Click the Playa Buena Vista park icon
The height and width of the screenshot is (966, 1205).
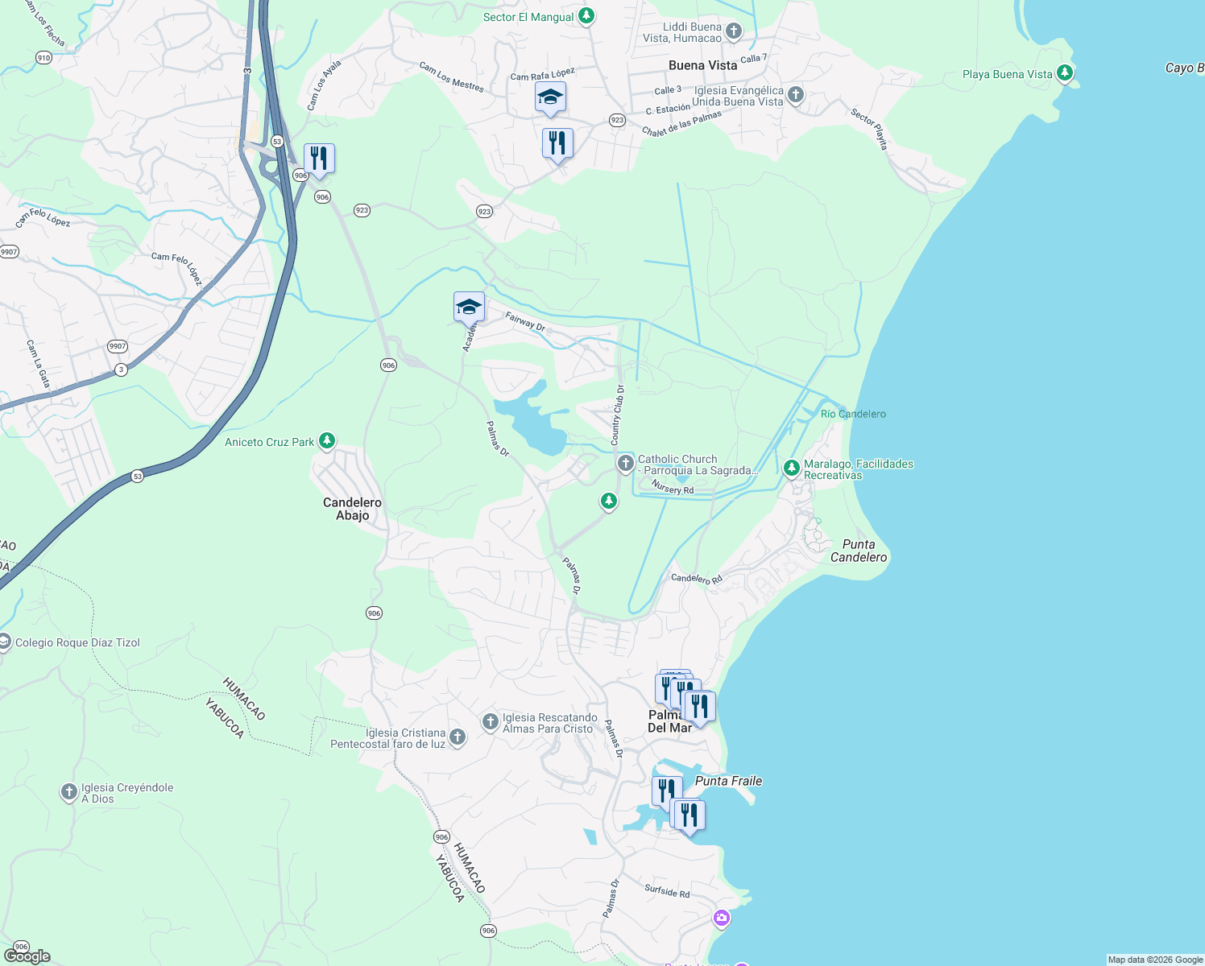point(1065,73)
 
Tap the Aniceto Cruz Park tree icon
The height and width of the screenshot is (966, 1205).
point(327,441)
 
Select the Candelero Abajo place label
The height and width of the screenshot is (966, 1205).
point(352,509)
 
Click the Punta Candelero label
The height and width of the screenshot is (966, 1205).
point(859,551)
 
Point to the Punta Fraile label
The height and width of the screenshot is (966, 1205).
point(728,781)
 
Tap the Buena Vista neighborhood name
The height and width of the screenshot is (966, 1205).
point(702,65)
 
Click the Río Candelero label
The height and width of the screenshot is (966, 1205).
point(853,414)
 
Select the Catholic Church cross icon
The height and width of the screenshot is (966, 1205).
point(625,463)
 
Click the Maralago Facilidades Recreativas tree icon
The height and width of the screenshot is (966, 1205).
point(792,468)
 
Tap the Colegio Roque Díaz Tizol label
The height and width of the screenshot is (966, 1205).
point(77,642)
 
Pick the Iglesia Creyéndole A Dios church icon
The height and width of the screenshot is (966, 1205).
point(69,792)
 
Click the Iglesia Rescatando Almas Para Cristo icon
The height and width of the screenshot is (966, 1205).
point(490,721)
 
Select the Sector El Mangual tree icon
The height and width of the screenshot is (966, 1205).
point(587,15)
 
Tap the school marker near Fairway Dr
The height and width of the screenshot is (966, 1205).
point(469,307)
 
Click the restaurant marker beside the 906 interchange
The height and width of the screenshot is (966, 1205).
point(319,159)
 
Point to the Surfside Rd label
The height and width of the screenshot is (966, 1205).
point(667,891)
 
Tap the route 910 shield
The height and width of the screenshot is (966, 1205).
point(43,57)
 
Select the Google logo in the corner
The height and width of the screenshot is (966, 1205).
point(27,956)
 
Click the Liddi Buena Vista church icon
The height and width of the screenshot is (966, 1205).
point(733,31)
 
